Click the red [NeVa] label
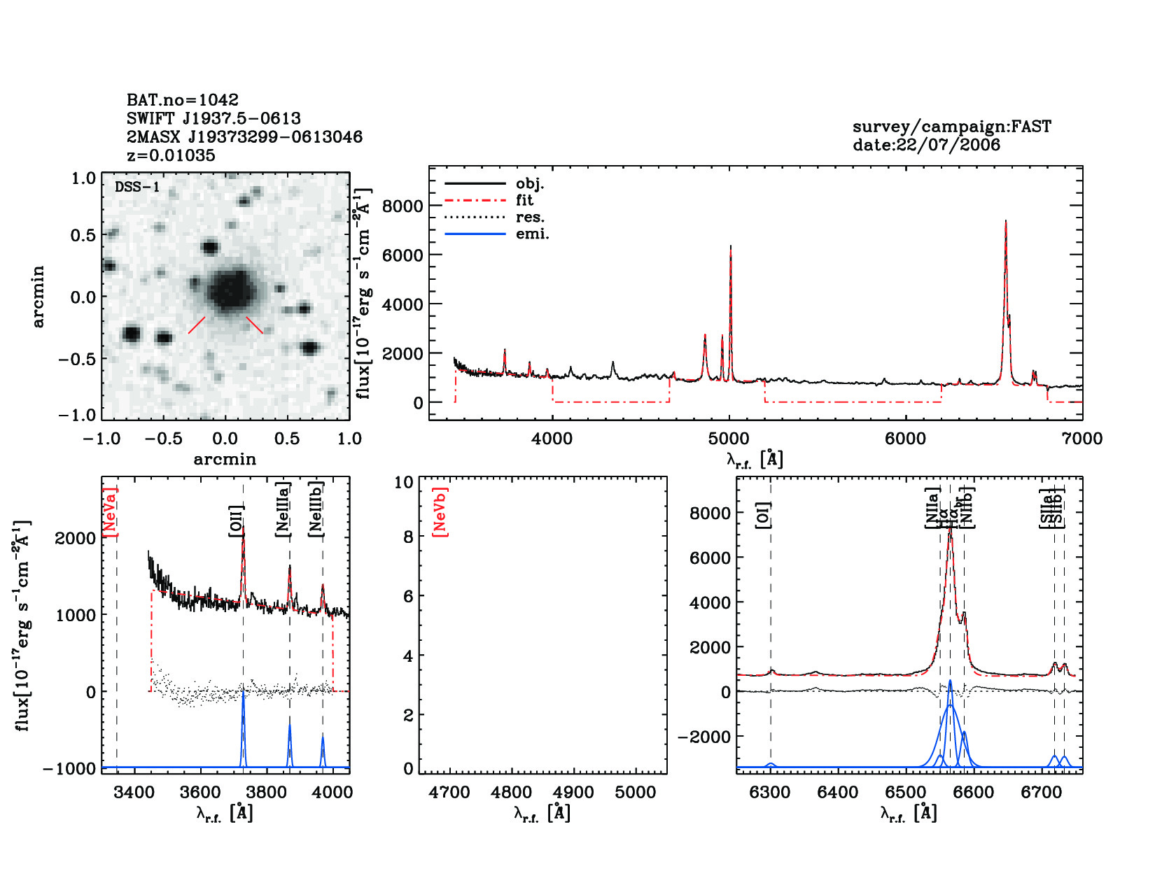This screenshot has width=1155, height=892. (x=111, y=512)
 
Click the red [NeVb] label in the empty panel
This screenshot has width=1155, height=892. (x=440, y=512)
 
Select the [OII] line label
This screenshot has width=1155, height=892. (x=237, y=521)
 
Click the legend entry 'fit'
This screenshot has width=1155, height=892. (x=524, y=201)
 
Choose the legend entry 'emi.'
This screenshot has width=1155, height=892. (x=532, y=234)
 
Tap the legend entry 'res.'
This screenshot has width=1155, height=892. (x=530, y=218)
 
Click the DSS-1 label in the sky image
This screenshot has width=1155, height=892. (x=137, y=187)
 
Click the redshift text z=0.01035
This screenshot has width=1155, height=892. (x=171, y=155)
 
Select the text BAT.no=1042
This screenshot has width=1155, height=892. (x=183, y=100)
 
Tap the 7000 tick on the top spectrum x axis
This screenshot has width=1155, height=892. (x=1082, y=439)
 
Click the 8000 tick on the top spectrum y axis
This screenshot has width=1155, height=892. (x=403, y=206)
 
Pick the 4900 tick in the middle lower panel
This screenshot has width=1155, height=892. (x=573, y=793)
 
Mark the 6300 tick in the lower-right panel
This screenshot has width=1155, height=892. (x=770, y=793)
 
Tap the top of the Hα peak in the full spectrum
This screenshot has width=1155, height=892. (x=1005, y=221)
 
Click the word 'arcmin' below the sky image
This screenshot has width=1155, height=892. (x=225, y=460)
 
